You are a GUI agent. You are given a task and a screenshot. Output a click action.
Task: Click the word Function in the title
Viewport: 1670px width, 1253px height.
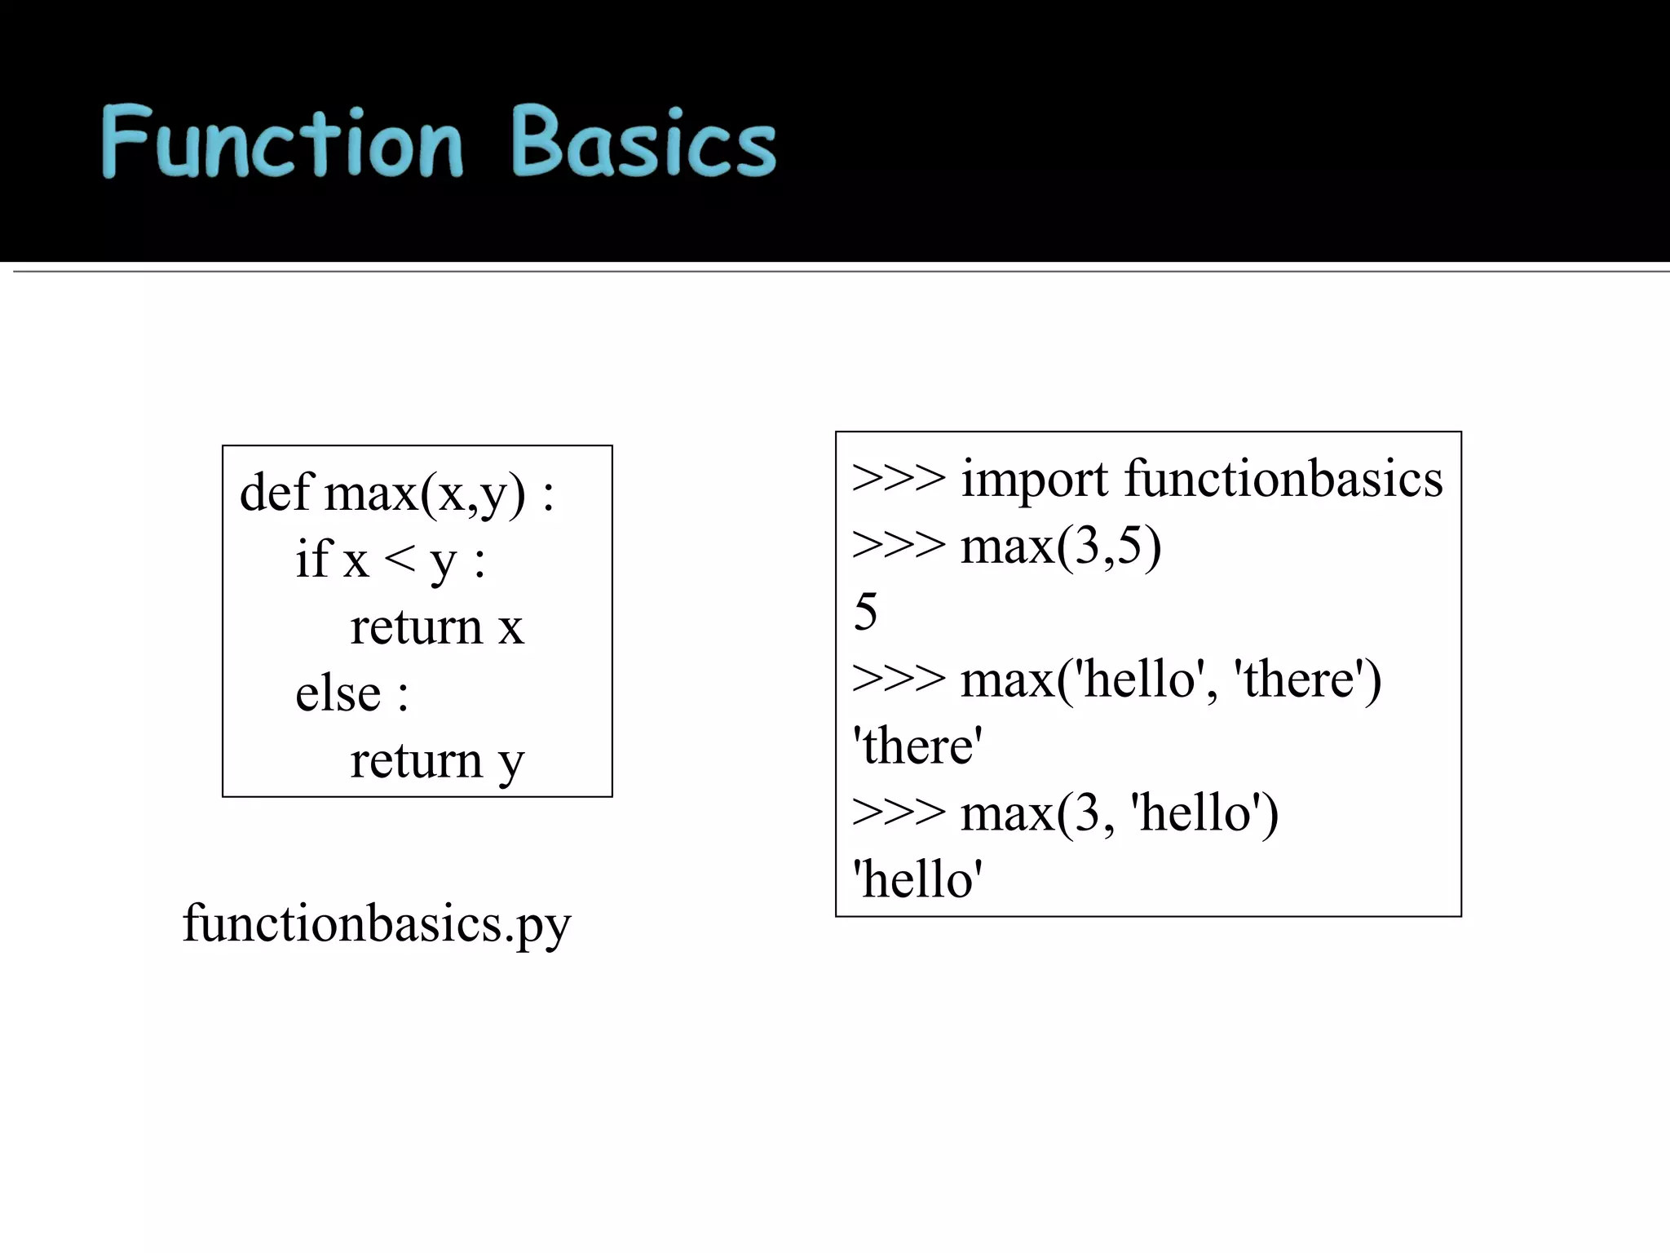[281, 143]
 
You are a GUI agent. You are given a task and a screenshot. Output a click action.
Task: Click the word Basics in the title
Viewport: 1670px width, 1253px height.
[644, 143]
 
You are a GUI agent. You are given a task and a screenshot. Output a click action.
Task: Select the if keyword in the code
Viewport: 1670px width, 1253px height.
[314, 560]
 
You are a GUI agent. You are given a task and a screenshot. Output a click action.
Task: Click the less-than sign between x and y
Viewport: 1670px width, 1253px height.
[400, 560]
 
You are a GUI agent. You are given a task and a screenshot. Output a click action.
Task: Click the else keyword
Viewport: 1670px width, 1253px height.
[338, 694]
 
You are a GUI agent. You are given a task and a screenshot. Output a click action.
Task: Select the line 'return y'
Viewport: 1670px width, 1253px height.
[436, 761]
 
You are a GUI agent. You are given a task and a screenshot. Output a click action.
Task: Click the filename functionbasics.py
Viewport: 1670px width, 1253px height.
[377, 923]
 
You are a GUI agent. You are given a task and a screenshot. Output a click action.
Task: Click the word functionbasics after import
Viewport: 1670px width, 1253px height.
[1283, 479]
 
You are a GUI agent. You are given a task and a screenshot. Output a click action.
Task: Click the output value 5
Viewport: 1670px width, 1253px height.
[865, 612]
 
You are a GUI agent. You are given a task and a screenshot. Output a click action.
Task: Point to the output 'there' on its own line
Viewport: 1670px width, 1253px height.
[917, 746]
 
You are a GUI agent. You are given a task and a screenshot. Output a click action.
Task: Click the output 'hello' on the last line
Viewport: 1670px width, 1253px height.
[917, 879]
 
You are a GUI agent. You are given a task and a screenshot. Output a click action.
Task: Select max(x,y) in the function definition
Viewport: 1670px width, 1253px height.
[425, 493]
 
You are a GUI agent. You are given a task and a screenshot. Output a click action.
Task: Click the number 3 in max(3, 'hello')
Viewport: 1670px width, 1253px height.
[1086, 813]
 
